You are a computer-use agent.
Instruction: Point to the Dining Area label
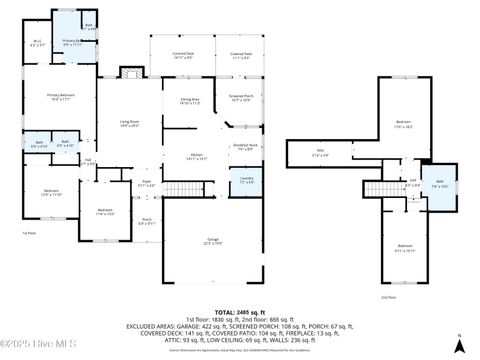point(190,100)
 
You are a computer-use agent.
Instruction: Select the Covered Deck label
point(183,56)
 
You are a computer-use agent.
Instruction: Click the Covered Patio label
point(241,56)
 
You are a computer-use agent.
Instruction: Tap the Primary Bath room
point(73,43)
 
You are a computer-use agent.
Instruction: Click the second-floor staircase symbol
point(377,189)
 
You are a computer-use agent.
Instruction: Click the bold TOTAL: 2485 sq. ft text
point(239,312)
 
